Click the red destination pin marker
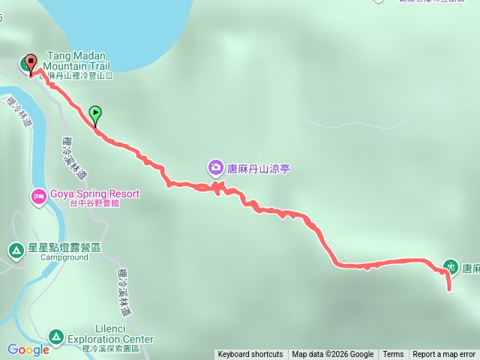point(31,63)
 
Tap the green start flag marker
point(95,114)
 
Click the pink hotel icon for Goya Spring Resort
point(38,197)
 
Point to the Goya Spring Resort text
point(94,193)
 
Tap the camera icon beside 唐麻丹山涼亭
point(215,168)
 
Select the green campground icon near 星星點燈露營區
point(16,250)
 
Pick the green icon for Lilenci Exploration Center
point(55,336)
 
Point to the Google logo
point(28,349)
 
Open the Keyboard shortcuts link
point(250,355)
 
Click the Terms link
point(393,355)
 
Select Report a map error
point(444,355)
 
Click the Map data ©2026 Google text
point(333,355)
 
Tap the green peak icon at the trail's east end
point(451,265)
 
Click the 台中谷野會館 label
point(100,203)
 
